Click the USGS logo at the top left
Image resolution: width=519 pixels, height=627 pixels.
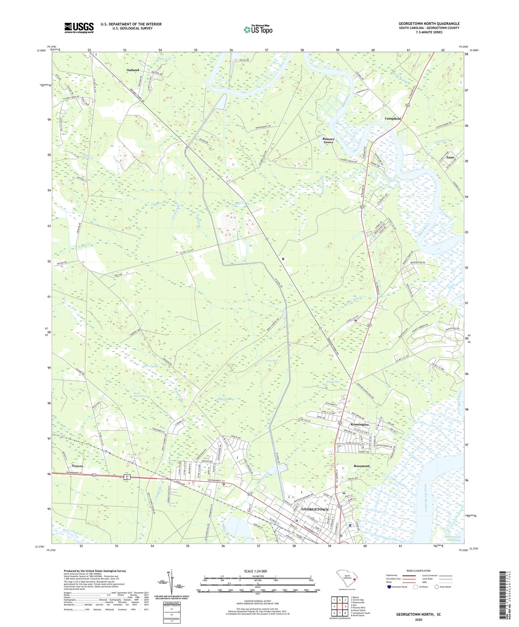pos(79,28)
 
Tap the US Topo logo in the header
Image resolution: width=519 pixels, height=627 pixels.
pos(258,29)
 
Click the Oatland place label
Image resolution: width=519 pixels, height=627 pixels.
pos(133,70)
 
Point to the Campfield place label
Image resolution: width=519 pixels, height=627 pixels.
pos(392,119)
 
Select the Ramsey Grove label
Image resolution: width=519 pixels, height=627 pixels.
pos(328,140)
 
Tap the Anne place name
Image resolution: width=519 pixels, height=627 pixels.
pos(450,158)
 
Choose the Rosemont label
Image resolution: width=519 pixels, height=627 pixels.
pos(361,466)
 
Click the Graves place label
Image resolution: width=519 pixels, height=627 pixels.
pos(77,466)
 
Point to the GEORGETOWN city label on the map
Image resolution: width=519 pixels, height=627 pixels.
pos(315,510)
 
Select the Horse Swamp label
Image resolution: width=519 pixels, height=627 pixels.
pos(141,366)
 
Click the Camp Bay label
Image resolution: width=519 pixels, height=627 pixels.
pos(271,361)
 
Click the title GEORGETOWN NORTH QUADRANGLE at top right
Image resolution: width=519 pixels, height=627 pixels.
pos(429,24)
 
